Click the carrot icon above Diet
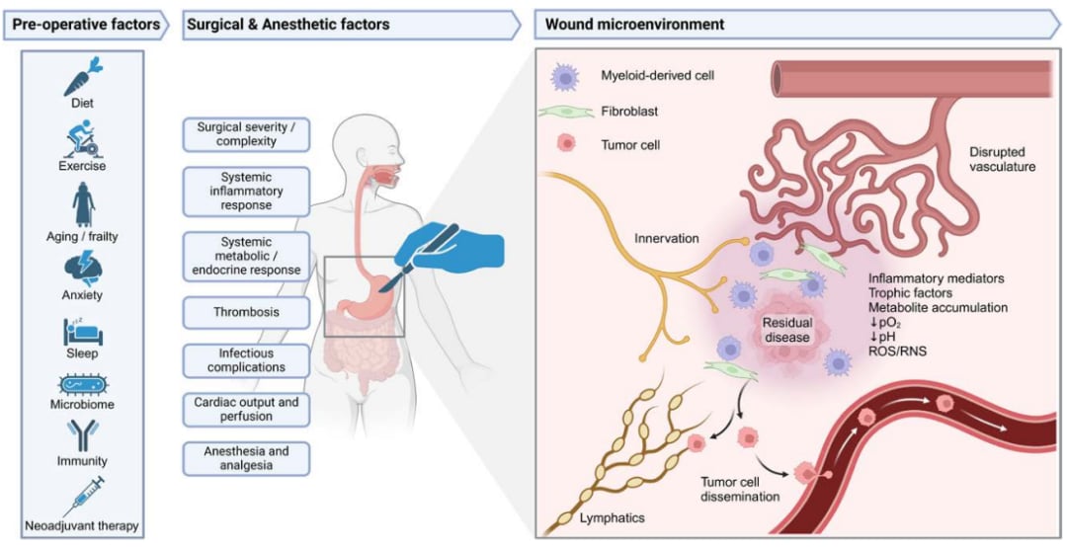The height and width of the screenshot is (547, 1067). tap(83, 76)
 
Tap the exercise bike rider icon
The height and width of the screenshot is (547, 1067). tap(82, 139)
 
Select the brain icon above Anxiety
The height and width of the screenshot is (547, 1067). tap(83, 268)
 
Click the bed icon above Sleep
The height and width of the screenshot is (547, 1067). tap(82, 332)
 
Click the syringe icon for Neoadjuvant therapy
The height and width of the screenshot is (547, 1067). tap(83, 497)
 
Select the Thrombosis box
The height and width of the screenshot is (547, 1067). tap(246, 312)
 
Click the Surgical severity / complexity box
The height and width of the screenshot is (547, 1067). tap(246, 134)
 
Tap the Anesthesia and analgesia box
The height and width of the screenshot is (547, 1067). tap(246, 458)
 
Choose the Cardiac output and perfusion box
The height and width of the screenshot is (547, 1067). tap(246, 409)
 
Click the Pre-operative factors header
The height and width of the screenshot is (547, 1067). tap(86, 25)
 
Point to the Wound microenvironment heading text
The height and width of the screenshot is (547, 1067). tap(634, 25)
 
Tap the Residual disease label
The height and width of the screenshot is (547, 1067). tap(786, 330)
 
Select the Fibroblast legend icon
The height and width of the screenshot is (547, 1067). tap(564, 111)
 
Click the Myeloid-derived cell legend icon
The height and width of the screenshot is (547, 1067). tap(564, 76)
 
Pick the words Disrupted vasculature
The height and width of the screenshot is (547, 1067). tap(1000, 159)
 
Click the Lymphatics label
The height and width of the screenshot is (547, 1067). tap(612, 518)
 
